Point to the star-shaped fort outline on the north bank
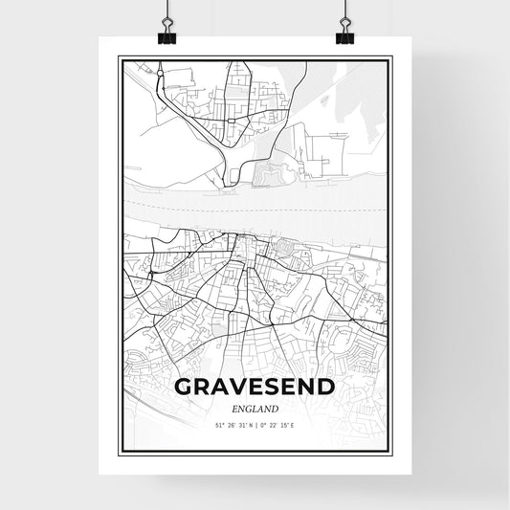(x=271, y=175)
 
